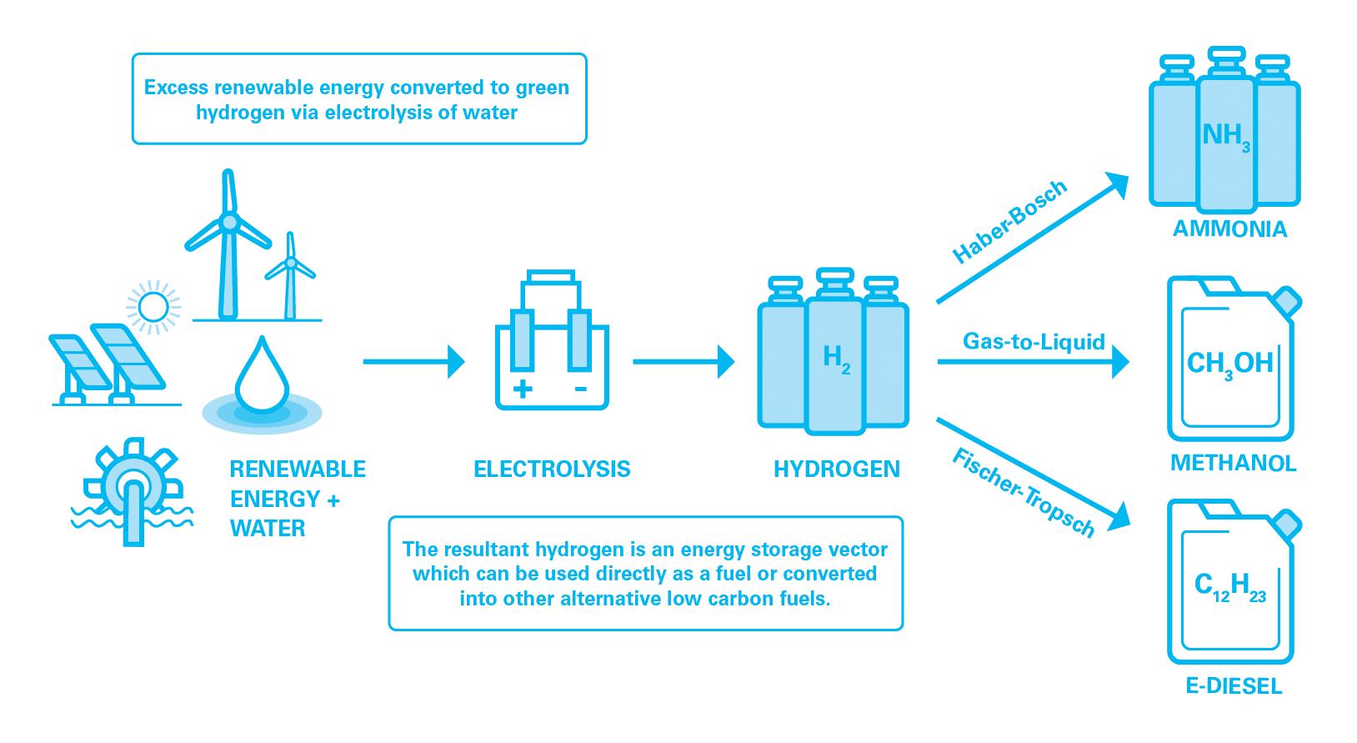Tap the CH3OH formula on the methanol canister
1229,364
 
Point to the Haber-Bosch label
1009,223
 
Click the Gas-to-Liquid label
1034,341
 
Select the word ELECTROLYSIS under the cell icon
552,469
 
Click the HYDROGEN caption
837,469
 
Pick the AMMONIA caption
1229,228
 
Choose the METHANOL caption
1233,463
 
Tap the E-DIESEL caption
1234,687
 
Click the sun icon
153,306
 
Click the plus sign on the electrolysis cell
523,389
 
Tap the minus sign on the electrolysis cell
580,389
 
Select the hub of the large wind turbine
228,222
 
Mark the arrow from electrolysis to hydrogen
683,362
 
